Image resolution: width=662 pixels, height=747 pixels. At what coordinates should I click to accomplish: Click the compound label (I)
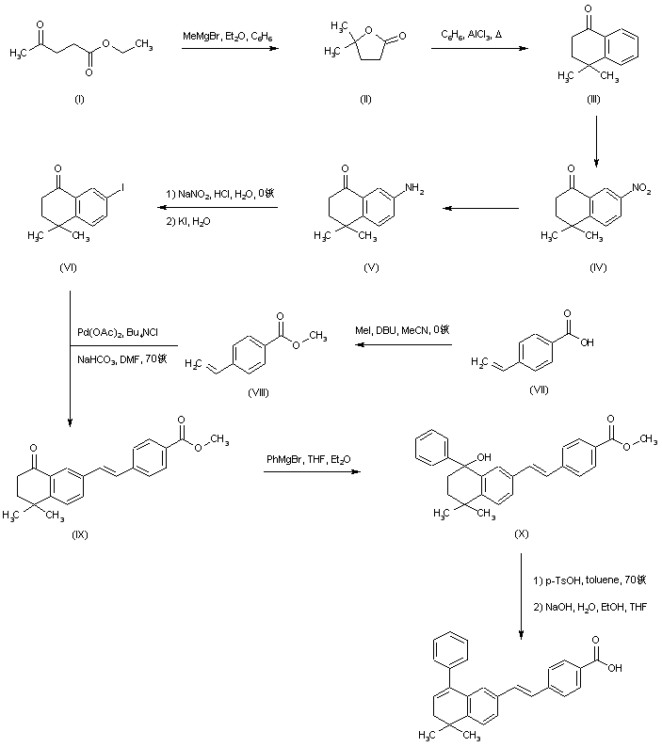(x=77, y=99)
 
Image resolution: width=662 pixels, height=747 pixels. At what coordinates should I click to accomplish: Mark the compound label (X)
(x=521, y=533)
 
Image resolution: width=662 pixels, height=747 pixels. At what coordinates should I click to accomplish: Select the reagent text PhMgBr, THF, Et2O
(x=308, y=459)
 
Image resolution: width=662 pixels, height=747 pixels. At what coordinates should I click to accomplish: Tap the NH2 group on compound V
(x=415, y=191)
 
